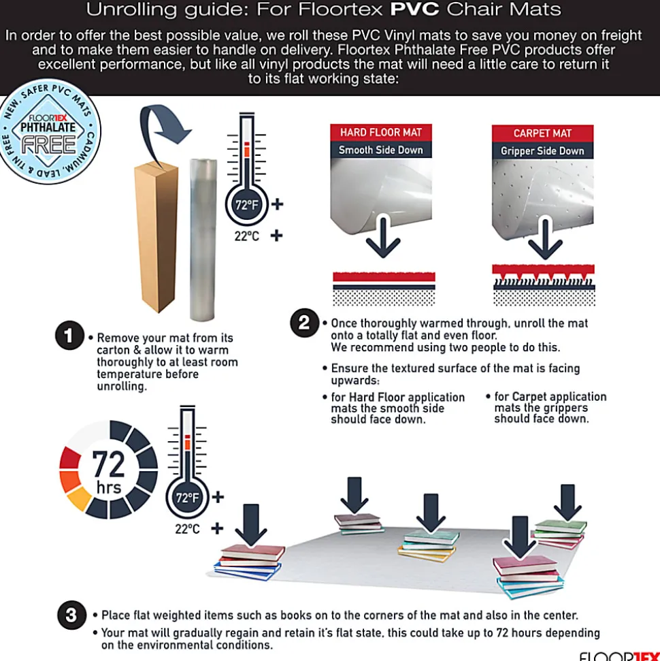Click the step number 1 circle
[x=69, y=336]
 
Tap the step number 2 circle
[x=304, y=323]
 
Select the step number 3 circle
[x=71, y=615]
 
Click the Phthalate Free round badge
[x=48, y=131]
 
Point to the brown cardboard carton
[x=156, y=236]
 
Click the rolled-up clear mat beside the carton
[x=203, y=240]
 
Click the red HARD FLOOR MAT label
[x=381, y=132]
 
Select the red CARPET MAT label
[x=542, y=133]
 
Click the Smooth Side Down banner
[x=381, y=150]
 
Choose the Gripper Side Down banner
[x=542, y=151]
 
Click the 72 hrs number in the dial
[x=109, y=464]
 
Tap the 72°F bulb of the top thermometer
[x=246, y=205]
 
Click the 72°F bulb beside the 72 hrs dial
[x=187, y=498]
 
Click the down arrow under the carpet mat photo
[x=546, y=239]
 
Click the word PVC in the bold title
[x=415, y=10]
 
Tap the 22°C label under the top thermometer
[x=247, y=236]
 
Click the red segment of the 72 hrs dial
[x=70, y=458]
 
